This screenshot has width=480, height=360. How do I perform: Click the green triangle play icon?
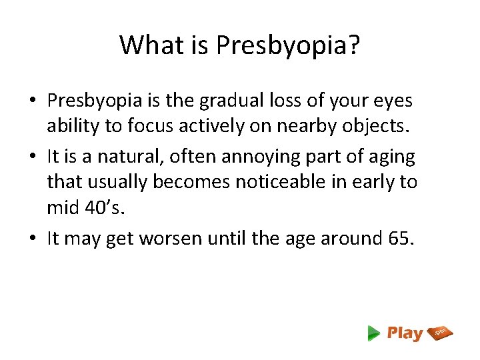[x=374, y=333]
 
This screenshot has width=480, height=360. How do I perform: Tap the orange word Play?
[x=405, y=333]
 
